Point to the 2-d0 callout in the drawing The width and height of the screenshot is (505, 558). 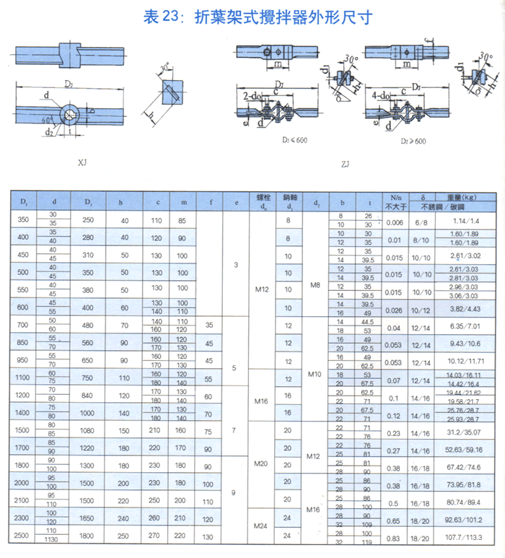coord(252,96)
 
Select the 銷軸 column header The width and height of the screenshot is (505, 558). coord(289,196)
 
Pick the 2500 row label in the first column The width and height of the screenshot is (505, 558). coord(25,536)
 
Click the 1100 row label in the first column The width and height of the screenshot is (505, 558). coord(25,378)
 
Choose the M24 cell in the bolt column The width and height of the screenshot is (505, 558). coord(263,528)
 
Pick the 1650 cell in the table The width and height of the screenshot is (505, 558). coord(88,518)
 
